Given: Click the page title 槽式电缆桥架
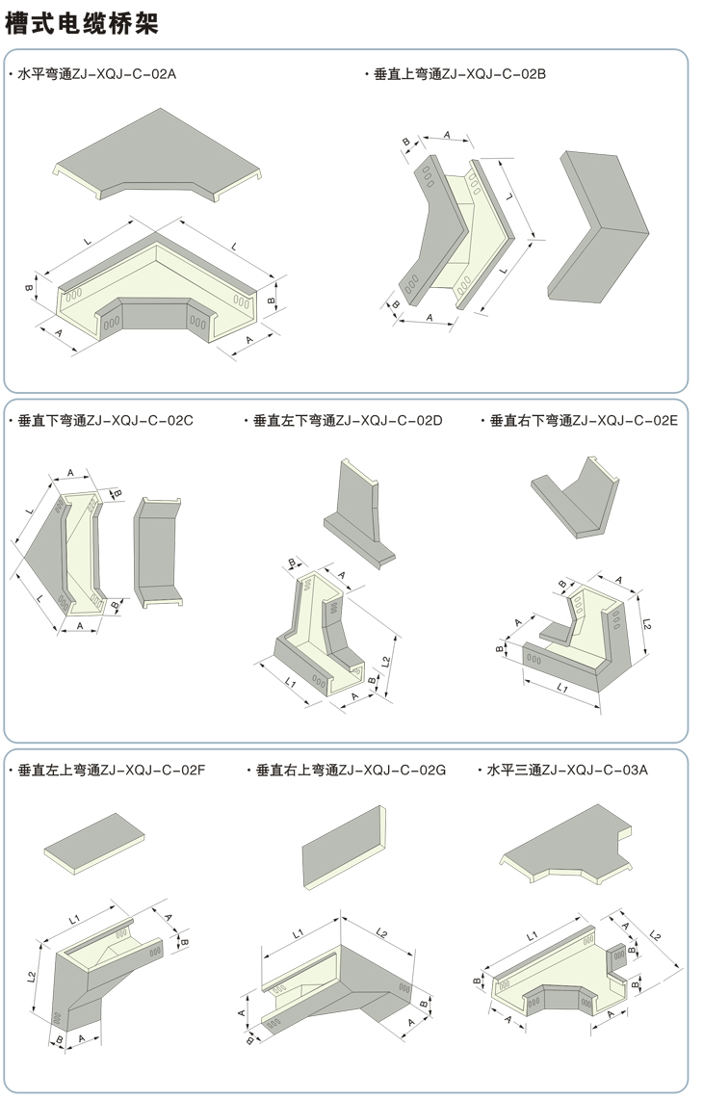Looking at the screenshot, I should [x=81, y=22].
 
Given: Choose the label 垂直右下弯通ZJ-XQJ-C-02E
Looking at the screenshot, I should [x=584, y=420].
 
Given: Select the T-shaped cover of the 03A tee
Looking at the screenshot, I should [x=568, y=847].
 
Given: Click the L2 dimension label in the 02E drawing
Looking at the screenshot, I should [x=646, y=624].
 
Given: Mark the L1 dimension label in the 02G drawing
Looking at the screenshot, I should [x=299, y=932].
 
